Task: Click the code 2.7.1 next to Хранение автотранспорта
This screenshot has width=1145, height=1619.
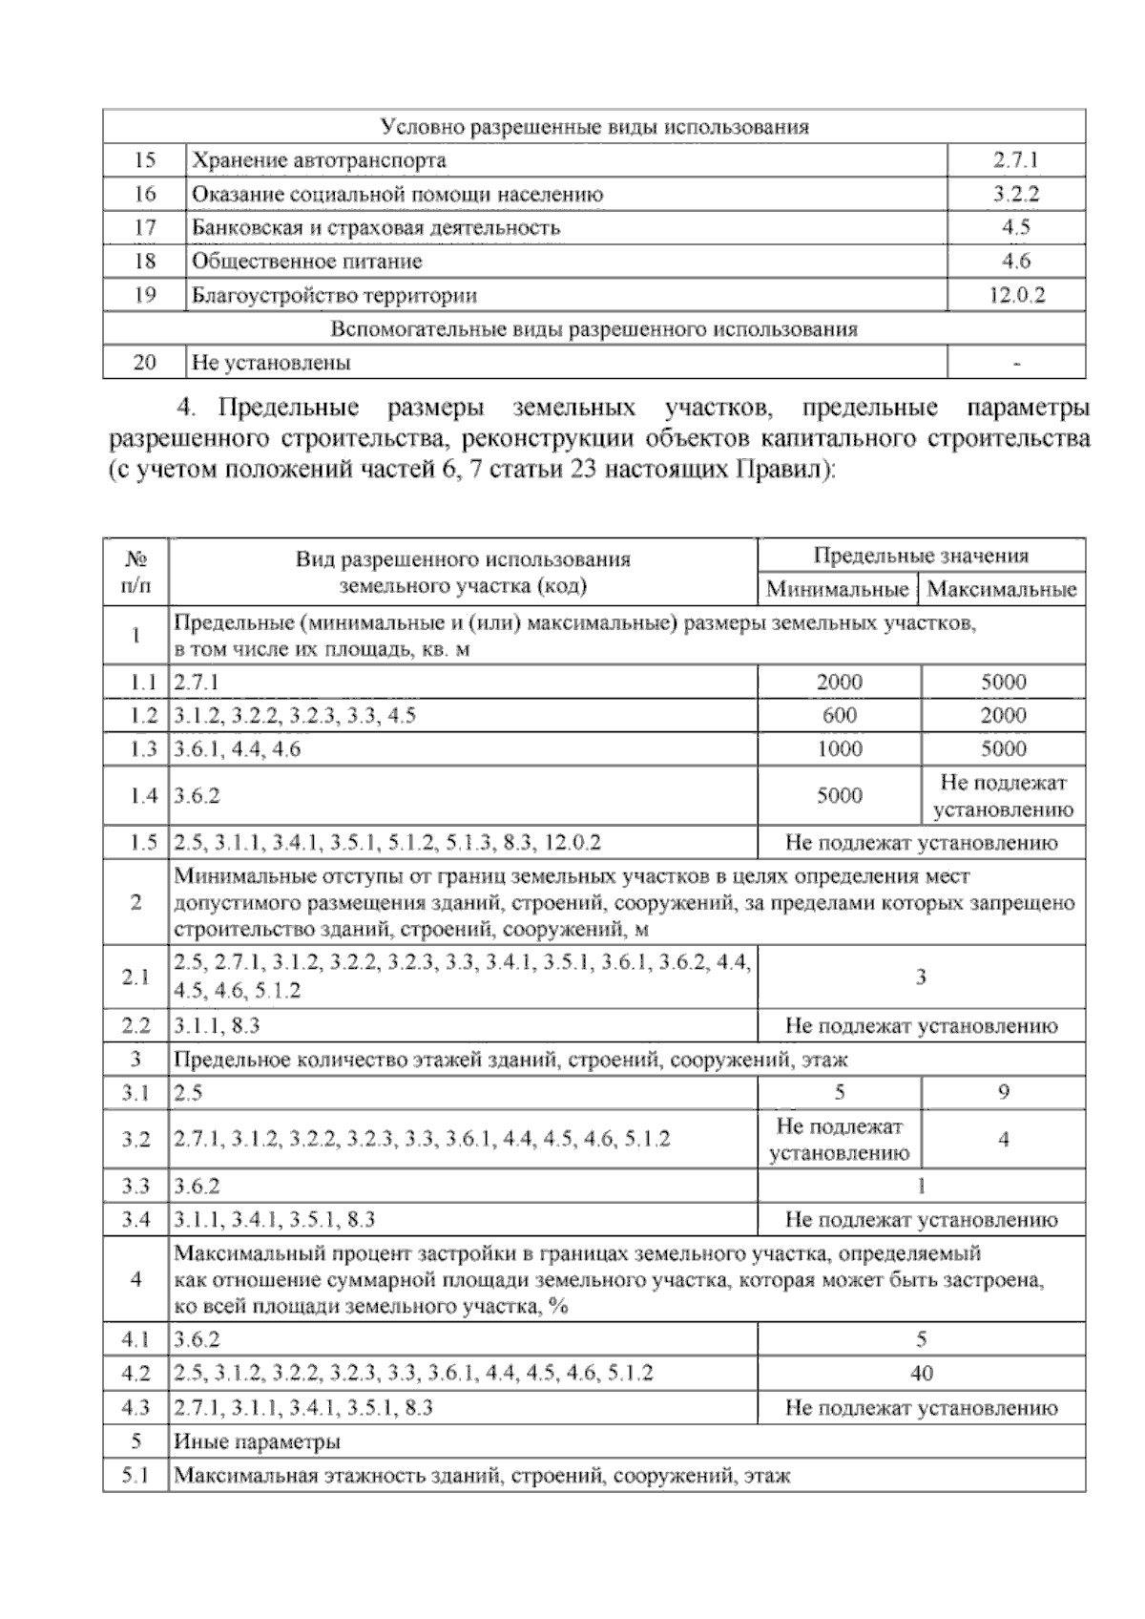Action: point(1015,159)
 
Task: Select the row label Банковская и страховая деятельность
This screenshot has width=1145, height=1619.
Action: point(376,227)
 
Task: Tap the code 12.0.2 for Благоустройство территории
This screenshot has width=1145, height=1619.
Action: point(1016,295)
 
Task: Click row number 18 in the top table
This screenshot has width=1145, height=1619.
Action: point(145,261)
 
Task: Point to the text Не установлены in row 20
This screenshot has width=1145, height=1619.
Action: point(271,363)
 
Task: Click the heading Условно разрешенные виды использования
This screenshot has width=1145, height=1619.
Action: point(593,127)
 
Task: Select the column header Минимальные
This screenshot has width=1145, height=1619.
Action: point(837,589)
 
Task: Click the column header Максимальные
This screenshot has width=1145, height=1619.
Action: point(1002,589)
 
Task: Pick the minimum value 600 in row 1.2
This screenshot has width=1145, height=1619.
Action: point(839,715)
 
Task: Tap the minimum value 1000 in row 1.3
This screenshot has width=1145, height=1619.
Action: point(839,748)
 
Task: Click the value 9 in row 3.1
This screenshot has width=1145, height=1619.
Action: point(1004,1092)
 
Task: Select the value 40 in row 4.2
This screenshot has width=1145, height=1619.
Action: point(921,1374)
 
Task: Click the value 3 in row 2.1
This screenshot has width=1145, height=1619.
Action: point(921,978)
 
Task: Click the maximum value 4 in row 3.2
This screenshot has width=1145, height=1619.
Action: point(1004,1139)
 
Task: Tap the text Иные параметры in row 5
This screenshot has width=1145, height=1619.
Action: point(257,1441)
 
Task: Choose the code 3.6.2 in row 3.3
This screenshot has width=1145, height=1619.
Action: point(198,1186)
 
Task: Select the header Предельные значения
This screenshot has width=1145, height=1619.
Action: point(921,556)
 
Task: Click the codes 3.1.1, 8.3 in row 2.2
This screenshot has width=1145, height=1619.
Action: point(218,1026)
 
